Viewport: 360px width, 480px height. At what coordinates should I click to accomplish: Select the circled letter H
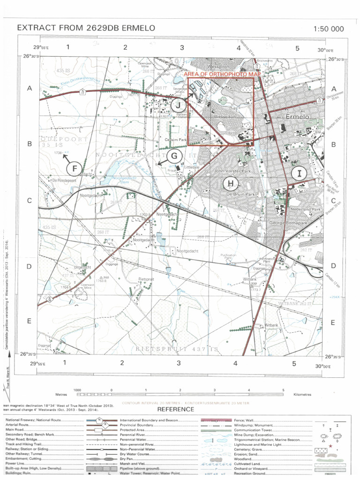pos(230,183)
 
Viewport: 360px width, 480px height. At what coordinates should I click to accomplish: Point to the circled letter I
pos(299,173)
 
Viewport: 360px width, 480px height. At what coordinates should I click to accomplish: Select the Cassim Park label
pos(176,140)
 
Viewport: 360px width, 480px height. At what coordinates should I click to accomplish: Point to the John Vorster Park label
pos(232,171)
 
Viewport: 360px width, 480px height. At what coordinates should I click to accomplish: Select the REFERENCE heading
pos(176,409)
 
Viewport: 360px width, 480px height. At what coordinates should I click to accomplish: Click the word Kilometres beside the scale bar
pos(302,395)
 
